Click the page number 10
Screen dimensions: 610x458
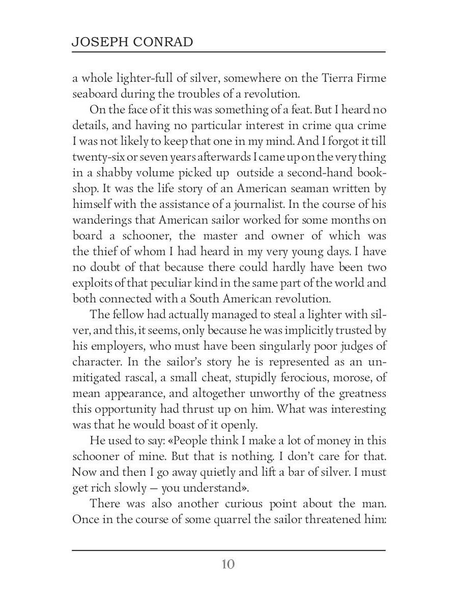click(228, 564)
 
